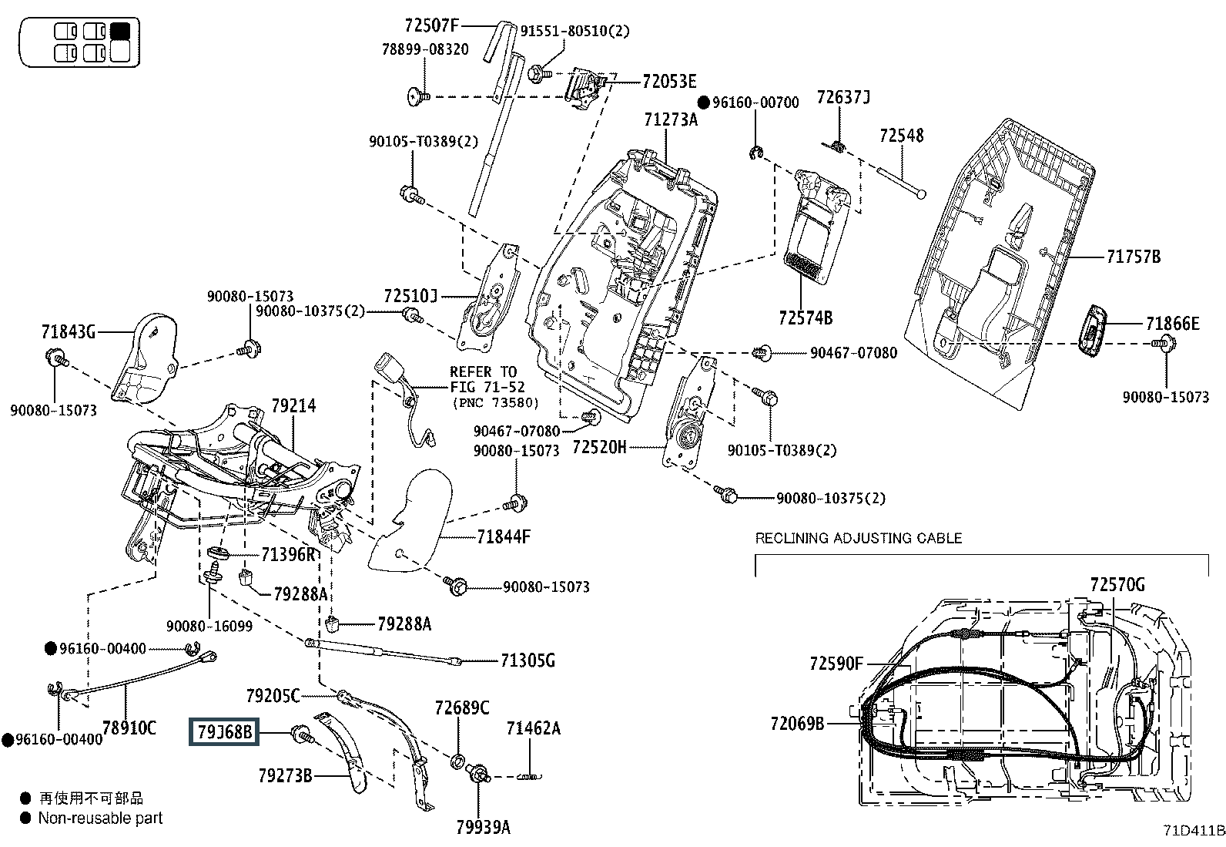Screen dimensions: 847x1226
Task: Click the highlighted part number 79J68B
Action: point(225,731)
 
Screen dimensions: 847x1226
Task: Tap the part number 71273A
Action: point(671,119)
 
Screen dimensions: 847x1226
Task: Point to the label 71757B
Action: point(1133,257)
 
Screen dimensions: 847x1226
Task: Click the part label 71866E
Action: point(1172,324)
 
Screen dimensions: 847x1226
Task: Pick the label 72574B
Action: point(805,318)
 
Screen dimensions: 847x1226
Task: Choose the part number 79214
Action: point(293,405)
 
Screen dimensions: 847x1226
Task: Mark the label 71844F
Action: point(504,536)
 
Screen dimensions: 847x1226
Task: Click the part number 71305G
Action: point(528,660)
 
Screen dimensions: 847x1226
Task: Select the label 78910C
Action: point(129,728)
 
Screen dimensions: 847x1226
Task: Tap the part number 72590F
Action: point(837,663)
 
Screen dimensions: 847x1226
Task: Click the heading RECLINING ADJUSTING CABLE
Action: point(859,538)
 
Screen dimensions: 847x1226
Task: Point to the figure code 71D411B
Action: point(1194,830)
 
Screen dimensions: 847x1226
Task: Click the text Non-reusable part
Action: point(100,818)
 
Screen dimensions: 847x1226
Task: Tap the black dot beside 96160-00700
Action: point(703,103)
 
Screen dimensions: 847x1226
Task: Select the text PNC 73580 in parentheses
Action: point(495,403)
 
